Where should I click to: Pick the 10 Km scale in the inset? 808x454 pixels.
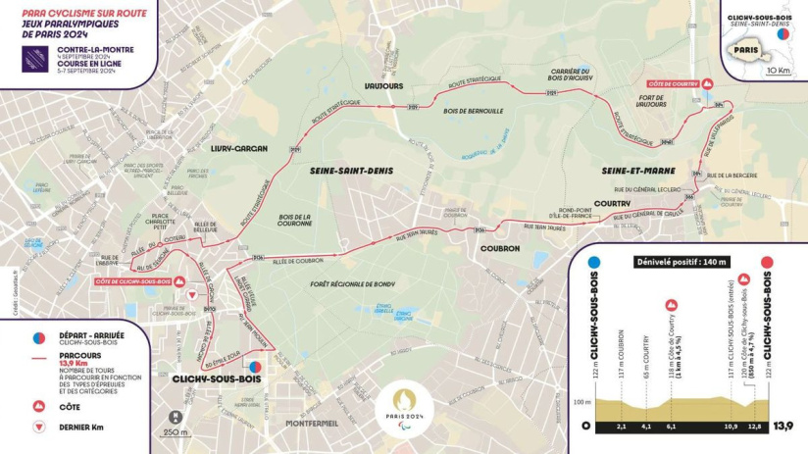click(780, 71)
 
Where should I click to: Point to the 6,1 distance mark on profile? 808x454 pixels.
click(672, 427)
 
